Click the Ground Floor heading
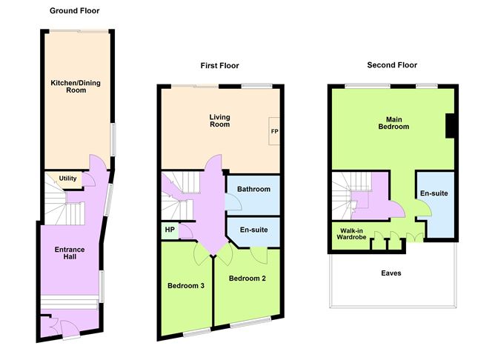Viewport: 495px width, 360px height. coord(74,11)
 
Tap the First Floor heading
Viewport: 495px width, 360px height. coord(219,66)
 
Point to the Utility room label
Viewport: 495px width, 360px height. coord(68,179)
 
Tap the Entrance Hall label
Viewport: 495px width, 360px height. coord(70,254)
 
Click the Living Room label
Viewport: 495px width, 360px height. coord(219,120)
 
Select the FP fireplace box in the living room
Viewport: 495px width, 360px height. coord(274,131)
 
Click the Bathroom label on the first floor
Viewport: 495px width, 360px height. coord(253,190)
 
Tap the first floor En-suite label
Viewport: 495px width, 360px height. coord(253,230)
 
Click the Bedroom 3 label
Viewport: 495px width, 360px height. coord(186,285)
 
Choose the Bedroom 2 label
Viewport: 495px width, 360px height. coord(247,279)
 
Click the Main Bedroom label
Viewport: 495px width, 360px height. coord(393,122)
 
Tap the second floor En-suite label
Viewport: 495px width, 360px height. coord(433,193)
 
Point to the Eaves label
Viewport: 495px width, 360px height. coord(391,273)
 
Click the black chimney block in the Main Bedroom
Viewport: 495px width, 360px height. coord(450,126)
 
